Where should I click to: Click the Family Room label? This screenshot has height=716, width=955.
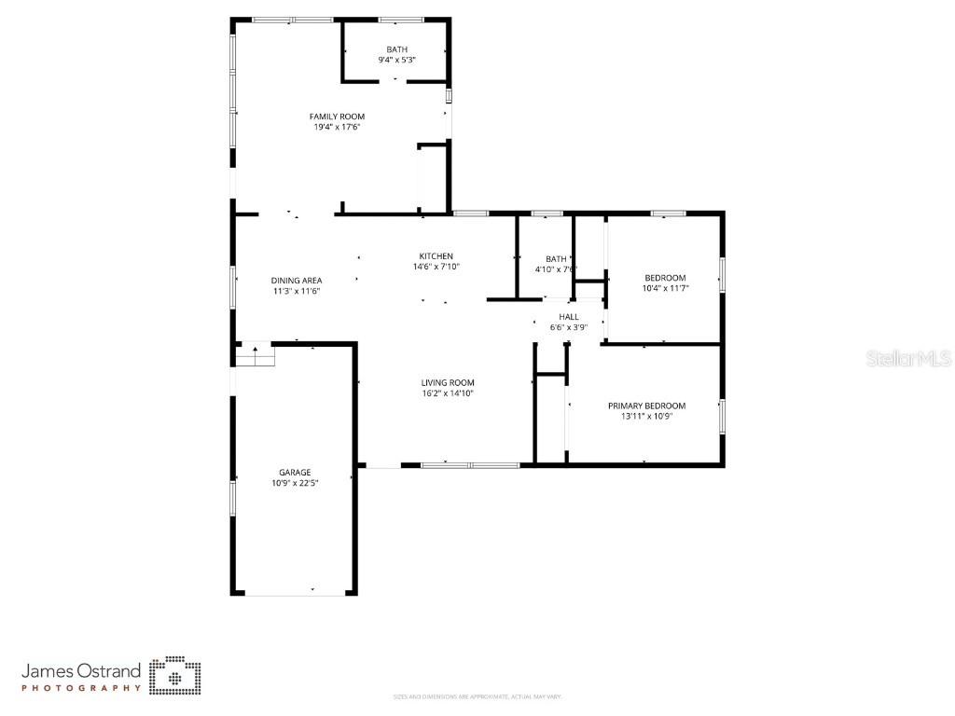point(337,117)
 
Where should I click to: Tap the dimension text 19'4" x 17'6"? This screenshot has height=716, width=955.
point(337,127)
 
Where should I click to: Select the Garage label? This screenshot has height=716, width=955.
point(295,473)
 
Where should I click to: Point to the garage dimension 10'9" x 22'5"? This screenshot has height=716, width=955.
point(295,483)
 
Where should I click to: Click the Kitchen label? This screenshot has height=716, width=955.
point(436,256)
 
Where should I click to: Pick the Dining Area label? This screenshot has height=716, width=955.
point(297,281)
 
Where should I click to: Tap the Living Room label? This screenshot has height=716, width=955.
point(448,382)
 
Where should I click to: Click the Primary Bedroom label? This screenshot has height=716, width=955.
point(646,406)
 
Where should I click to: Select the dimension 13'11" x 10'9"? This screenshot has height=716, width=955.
point(646,416)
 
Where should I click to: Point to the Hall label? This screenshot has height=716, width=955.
point(568,317)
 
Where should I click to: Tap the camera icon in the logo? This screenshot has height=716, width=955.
point(176,676)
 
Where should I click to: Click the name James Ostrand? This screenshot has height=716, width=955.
point(81,670)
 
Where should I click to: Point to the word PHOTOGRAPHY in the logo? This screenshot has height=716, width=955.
point(81,688)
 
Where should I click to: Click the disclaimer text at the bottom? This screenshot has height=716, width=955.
point(477,696)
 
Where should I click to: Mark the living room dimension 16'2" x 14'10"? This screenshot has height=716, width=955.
point(448,392)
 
